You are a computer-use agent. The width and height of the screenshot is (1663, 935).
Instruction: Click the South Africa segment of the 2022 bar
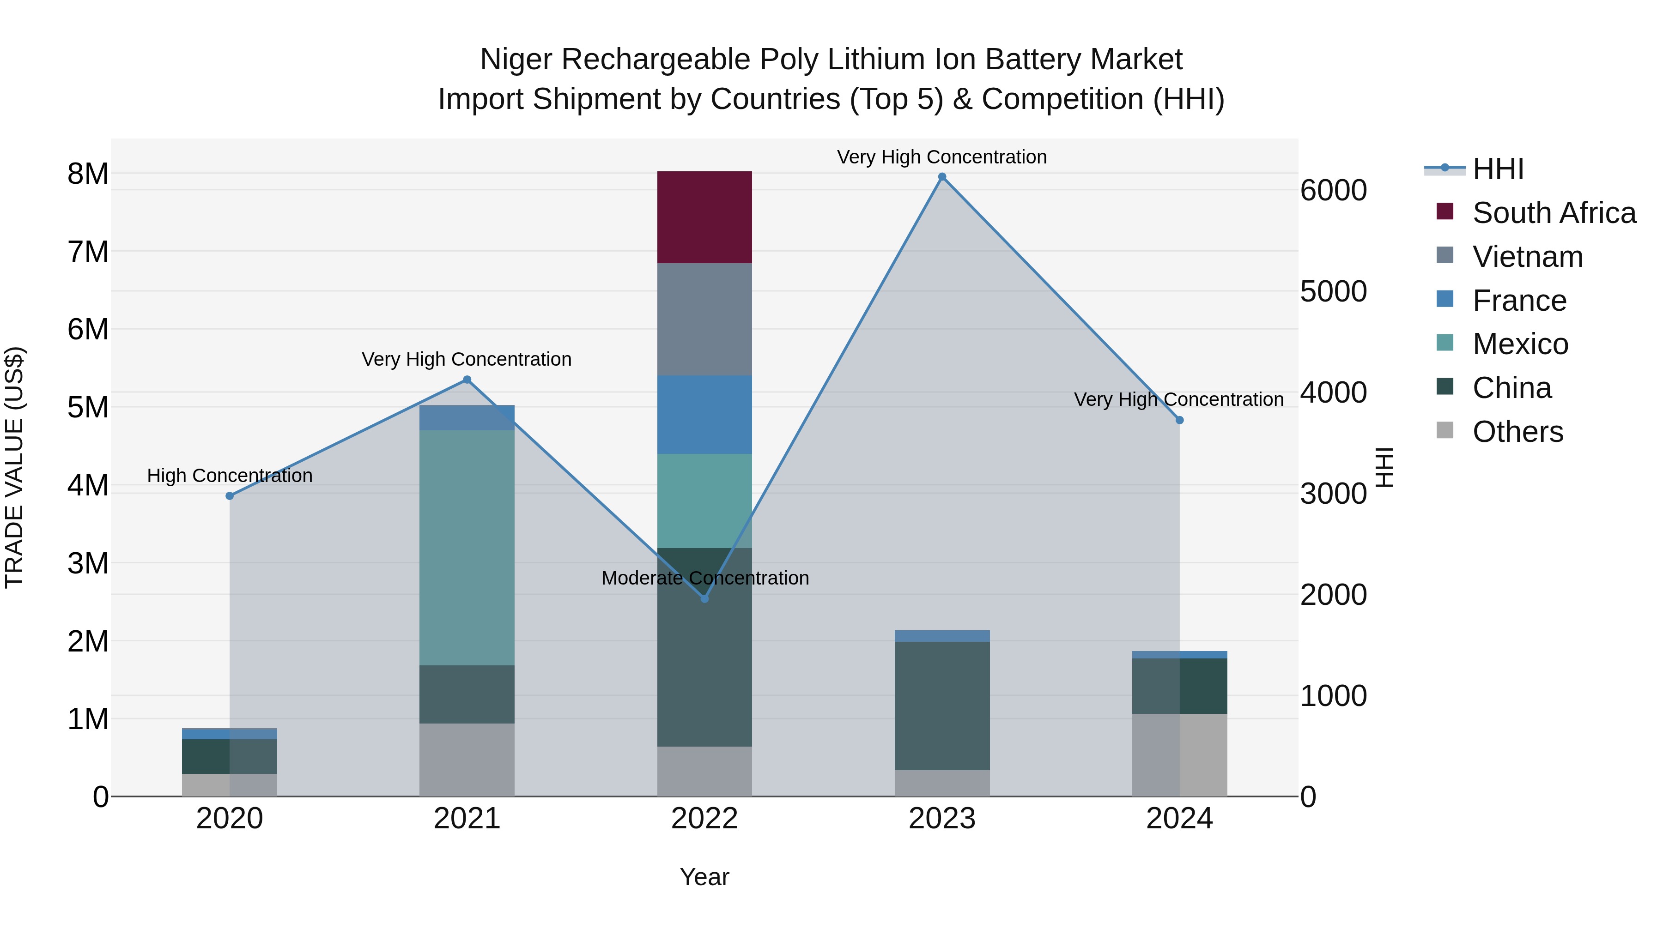704,217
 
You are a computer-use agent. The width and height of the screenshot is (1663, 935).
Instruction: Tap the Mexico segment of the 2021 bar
467,547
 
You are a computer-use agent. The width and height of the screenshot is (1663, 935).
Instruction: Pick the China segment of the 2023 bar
942,705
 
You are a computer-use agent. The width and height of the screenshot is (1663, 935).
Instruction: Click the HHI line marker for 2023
942,177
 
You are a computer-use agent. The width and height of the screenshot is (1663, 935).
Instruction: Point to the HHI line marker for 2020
230,495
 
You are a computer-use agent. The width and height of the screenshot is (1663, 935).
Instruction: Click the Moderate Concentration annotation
705,578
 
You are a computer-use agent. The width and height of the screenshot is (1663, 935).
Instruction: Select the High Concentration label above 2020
230,476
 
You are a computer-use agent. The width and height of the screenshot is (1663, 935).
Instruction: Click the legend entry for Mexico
1520,344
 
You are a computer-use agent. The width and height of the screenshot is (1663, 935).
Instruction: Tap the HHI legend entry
1498,169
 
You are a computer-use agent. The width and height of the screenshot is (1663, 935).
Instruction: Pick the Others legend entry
1517,432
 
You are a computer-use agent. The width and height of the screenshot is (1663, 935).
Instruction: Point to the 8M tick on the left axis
88,174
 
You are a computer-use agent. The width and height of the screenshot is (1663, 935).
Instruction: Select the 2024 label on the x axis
1179,819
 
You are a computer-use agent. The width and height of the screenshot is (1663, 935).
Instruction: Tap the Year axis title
704,877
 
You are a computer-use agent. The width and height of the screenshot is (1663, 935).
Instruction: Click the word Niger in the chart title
516,60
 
